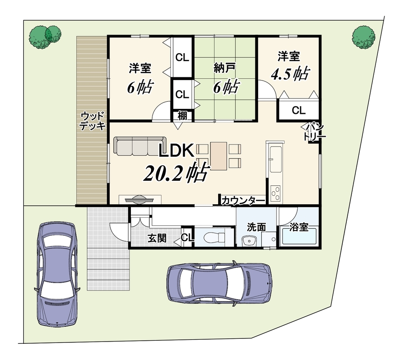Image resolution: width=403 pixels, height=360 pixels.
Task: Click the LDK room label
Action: click(176, 151)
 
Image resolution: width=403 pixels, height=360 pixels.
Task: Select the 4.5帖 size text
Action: click(290, 74)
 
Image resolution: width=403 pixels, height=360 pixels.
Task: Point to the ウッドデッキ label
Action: click(93, 121)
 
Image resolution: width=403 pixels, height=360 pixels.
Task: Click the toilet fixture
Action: click(214, 237)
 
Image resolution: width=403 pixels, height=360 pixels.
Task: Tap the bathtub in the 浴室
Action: click(299, 237)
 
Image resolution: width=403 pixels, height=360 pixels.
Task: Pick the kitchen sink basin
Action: click(276, 160)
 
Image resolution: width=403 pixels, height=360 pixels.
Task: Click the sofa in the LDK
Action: click(140, 146)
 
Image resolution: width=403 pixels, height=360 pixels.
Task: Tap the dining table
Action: click(219, 156)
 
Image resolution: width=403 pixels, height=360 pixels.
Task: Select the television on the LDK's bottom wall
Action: click(139, 199)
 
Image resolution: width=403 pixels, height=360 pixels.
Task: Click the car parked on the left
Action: click(57, 274)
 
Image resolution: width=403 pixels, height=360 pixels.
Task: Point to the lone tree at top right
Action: click(363, 37)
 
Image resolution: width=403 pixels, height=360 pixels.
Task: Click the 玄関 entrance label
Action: click(157, 238)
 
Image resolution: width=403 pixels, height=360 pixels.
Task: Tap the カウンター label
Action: click(243, 201)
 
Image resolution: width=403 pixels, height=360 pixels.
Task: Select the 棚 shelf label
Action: click(182, 116)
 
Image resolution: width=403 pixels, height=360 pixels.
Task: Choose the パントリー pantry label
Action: click(315, 132)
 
